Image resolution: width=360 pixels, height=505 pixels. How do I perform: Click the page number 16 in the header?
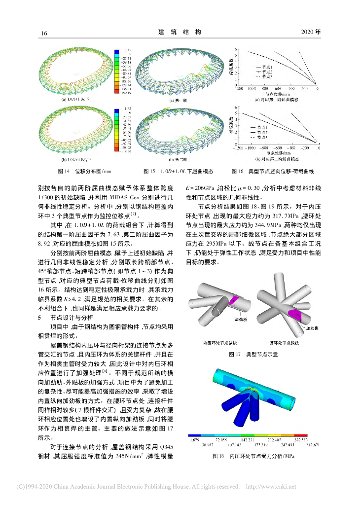(44, 33)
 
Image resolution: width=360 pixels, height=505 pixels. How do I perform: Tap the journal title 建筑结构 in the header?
(180, 32)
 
